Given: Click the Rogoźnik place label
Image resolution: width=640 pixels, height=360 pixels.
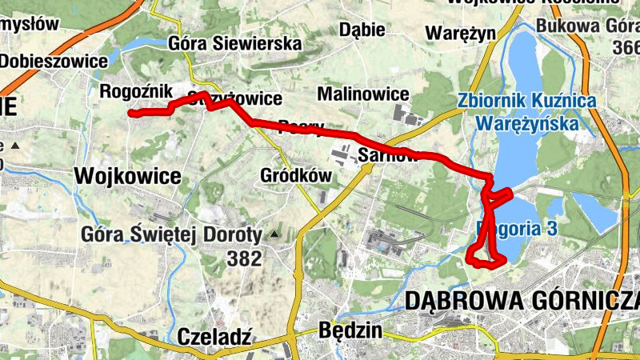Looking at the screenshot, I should pos(131,92).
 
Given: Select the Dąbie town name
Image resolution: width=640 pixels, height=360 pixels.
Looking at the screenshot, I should pos(362,30).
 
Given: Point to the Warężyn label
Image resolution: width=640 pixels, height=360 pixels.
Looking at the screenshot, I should pos(461,33).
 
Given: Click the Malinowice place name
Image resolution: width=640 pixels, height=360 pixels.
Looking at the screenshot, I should pos(363,94).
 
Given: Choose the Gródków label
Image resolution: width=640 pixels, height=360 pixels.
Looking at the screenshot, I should pos(296,174).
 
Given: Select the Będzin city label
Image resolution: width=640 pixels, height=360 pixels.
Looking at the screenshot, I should pos(350,330).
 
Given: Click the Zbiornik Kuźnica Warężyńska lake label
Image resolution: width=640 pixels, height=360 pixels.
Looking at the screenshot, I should pos(527,113).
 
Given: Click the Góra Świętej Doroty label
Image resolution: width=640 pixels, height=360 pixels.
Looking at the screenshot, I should pos(172,235).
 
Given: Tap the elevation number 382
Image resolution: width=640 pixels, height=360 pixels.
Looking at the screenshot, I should pos(244,258).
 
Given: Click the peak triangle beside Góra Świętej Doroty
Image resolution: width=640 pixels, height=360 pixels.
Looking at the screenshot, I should pos(274,234).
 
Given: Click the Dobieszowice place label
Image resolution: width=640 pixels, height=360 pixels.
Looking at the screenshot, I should pos(54,61).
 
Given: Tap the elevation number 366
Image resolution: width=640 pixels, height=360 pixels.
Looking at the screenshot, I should pos(623,48).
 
